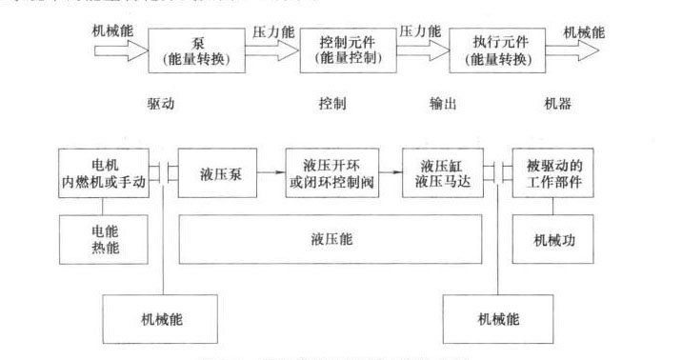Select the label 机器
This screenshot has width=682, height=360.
(x=559, y=103)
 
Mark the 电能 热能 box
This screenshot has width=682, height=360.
(x=102, y=239)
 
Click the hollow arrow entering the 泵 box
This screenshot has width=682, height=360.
(x=122, y=49)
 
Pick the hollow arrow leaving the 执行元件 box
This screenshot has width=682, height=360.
(x=582, y=49)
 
